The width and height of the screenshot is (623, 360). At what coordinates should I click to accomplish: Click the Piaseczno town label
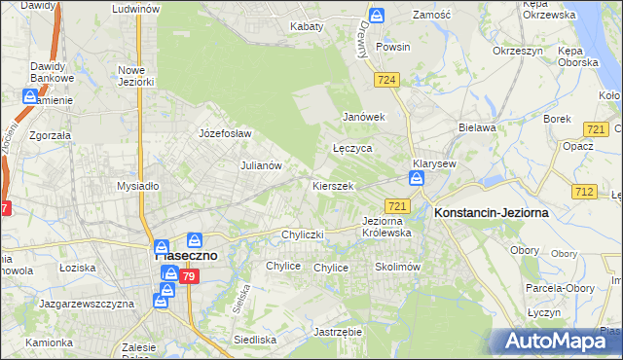click(179, 255)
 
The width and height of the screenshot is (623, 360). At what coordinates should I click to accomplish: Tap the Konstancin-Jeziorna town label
click(492, 212)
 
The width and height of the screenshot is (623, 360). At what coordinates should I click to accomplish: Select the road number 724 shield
click(387, 79)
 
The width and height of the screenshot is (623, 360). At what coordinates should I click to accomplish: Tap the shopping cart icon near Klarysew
click(417, 179)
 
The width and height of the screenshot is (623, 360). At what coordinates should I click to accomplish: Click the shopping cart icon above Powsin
click(378, 16)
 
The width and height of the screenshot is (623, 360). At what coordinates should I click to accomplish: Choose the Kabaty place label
click(307, 26)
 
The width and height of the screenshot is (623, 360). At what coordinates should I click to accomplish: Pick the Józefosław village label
click(225, 133)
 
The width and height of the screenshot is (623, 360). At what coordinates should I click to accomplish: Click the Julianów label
click(261, 165)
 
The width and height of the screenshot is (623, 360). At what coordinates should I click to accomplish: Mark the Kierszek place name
click(332, 185)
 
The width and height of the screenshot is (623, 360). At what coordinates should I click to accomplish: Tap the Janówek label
click(365, 117)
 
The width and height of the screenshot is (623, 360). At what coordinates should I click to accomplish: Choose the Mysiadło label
click(137, 185)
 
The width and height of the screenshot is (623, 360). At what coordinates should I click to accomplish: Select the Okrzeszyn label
click(516, 50)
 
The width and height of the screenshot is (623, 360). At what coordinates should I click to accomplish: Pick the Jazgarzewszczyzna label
click(86, 304)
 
